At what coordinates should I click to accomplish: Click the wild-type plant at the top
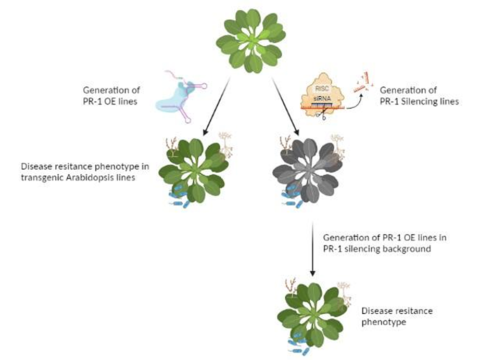pyautogui.click(x=250, y=41)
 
